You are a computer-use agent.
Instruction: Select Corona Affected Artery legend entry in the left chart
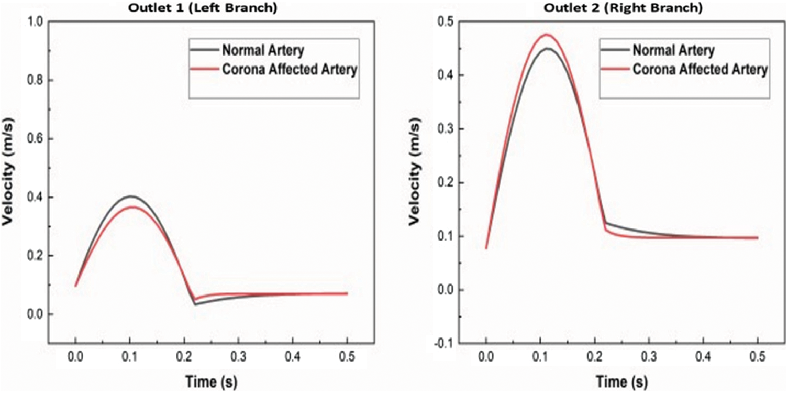pyautogui.click(x=290, y=70)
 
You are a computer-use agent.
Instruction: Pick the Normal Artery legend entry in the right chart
pyautogui.click(x=673, y=50)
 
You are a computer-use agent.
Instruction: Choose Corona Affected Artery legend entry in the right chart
pyautogui.click(x=700, y=69)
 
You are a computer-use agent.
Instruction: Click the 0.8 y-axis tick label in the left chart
pyautogui.click(x=36, y=80)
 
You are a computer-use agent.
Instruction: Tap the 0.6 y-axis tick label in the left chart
pyautogui.click(x=36, y=139)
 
